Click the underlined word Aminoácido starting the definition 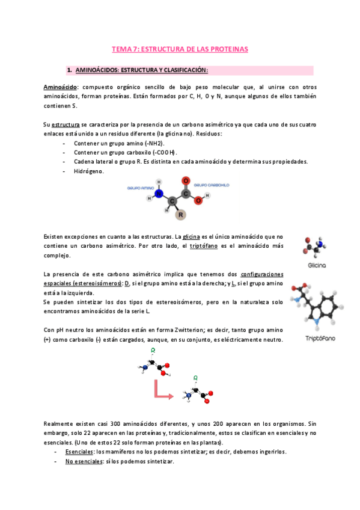pyautogui.click(x=61, y=87)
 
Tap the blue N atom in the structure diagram pyautogui.click(x=159, y=194)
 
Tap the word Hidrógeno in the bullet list pyautogui.click(x=88, y=171)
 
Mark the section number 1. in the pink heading pyautogui.click(x=70, y=70)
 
